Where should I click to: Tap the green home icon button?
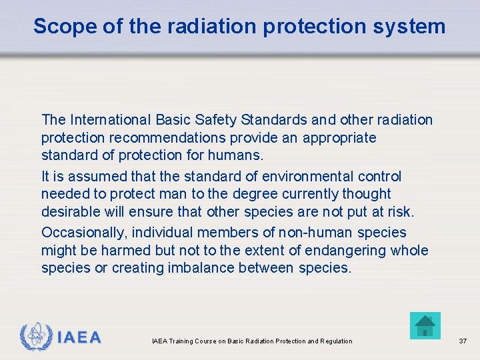(425, 326)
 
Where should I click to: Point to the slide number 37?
(463, 341)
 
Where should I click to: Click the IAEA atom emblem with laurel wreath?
(34, 337)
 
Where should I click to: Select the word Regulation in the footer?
(336, 341)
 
